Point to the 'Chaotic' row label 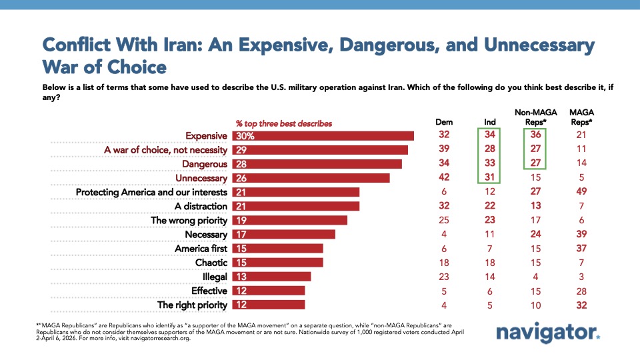(x=211, y=263)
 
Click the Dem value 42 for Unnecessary (x=443, y=179)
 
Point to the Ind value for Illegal (x=490, y=277)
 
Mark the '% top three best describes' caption (x=284, y=123)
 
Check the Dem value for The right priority (x=443, y=305)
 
